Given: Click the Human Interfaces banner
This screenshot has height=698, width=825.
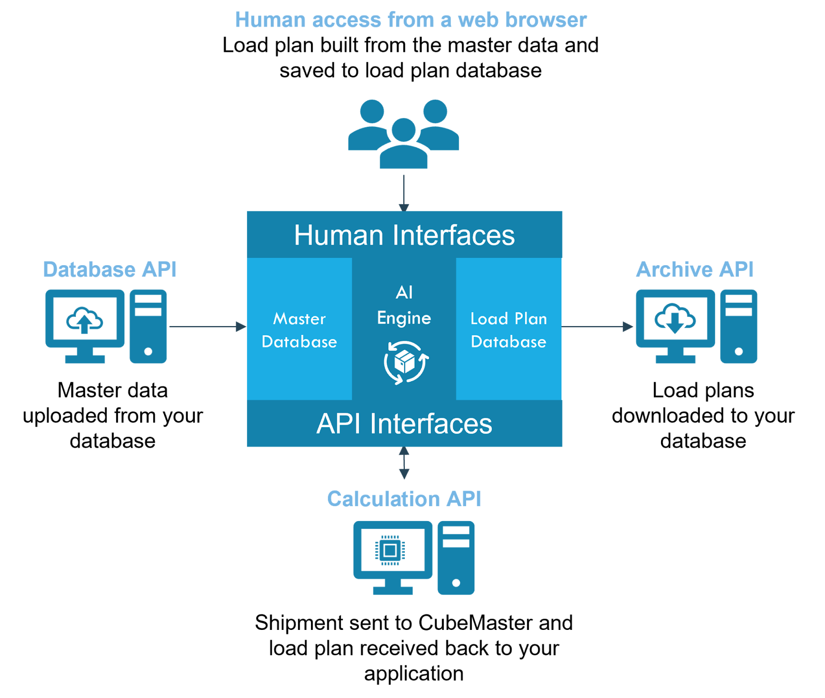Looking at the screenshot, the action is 404,235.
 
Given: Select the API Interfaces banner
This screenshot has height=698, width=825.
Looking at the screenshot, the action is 404,423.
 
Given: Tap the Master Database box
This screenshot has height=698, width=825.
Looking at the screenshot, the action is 300,329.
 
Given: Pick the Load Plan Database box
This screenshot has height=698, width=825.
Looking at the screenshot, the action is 509,329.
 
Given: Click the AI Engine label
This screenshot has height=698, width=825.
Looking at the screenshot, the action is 404,305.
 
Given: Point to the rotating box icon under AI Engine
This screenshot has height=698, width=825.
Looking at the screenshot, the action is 406,363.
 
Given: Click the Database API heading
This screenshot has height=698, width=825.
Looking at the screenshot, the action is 110,269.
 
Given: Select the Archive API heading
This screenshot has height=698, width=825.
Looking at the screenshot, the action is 695,269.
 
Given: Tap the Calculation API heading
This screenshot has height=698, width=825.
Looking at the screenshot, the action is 404,499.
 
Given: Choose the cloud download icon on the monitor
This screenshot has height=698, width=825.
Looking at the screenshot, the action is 675,319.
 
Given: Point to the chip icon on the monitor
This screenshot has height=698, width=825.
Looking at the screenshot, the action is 390,550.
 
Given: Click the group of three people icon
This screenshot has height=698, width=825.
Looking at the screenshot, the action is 404,134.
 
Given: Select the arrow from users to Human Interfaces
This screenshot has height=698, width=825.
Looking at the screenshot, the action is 404,193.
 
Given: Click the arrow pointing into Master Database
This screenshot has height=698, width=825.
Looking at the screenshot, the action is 208,327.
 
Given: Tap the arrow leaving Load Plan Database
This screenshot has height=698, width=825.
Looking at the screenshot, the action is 597,327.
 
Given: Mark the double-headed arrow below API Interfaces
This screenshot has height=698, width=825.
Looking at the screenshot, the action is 404,463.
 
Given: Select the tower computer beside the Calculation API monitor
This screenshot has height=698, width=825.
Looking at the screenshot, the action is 456,558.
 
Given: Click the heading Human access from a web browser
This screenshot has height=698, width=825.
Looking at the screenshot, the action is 411,20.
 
